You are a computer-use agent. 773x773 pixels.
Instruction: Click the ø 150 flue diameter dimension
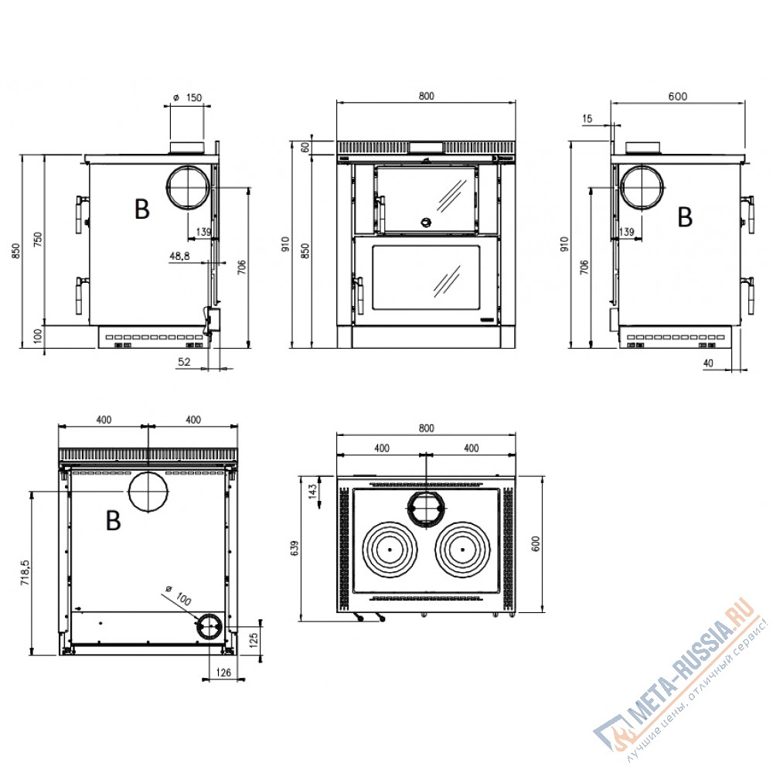[188, 97]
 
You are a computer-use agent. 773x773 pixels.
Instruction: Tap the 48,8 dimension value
[179, 256]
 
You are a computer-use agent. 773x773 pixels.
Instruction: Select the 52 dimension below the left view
[184, 362]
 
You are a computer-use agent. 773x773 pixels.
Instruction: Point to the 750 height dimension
[38, 240]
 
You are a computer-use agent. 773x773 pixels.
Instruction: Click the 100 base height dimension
[38, 336]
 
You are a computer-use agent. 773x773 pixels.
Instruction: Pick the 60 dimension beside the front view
[305, 147]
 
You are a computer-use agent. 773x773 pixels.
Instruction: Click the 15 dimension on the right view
[587, 119]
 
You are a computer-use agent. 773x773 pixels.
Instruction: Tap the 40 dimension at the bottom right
[708, 363]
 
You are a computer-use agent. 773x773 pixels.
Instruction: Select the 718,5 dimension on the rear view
[26, 572]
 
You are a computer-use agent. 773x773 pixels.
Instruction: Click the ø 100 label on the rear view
[179, 595]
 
